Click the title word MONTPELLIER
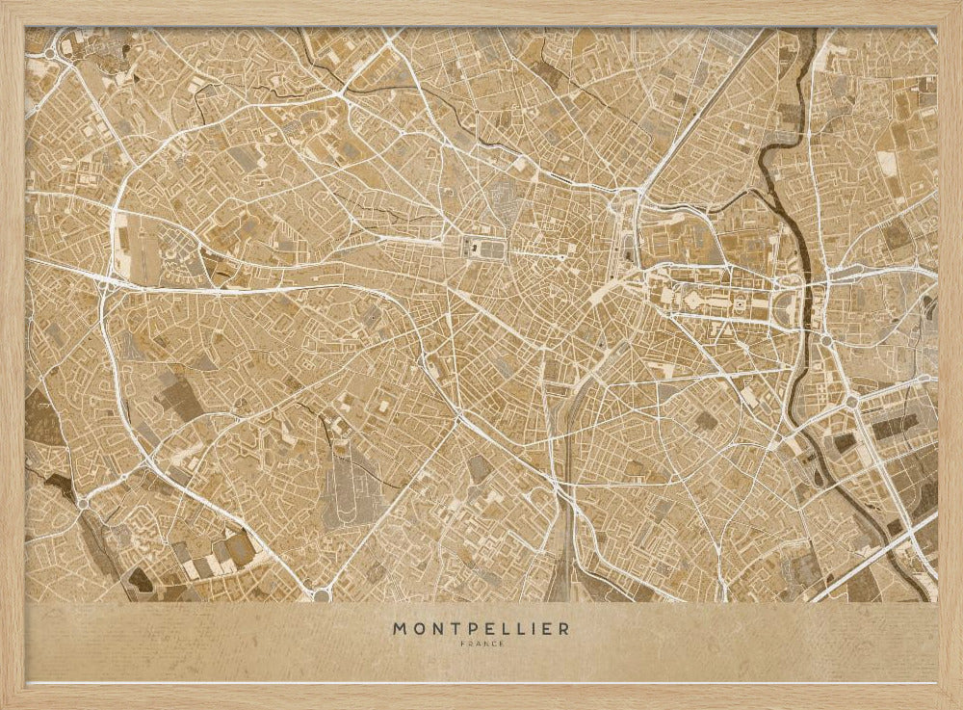coord(481,629)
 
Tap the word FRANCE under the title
coord(481,644)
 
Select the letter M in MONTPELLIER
coord(400,629)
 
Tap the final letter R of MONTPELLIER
coord(563,629)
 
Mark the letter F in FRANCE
coord(463,644)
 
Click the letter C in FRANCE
coord(490,644)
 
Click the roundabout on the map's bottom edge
coord(322,594)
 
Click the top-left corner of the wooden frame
coord(6,6)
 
